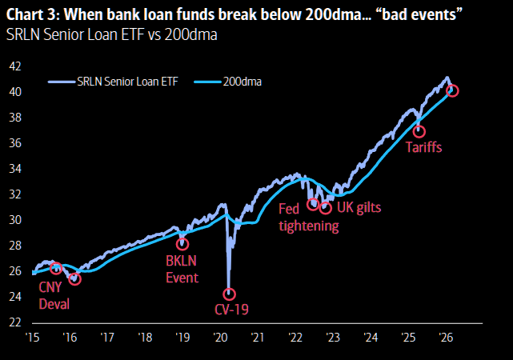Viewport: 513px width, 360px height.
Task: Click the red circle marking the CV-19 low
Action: coord(229,294)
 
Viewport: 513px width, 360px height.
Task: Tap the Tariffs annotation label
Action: coord(423,147)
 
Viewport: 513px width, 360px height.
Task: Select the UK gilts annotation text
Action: coord(359,207)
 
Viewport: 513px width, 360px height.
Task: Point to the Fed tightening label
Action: coord(309,217)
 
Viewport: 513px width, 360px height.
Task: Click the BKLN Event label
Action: coord(182,269)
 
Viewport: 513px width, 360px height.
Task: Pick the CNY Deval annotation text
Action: coord(54,295)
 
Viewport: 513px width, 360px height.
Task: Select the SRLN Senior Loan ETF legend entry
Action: coord(114,81)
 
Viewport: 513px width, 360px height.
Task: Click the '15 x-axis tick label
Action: coord(33,337)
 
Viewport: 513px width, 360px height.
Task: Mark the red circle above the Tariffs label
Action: coord(419,131)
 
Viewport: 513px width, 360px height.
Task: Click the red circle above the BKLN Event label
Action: coord(182,244)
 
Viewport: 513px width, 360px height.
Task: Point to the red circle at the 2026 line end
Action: coord(452,90)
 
